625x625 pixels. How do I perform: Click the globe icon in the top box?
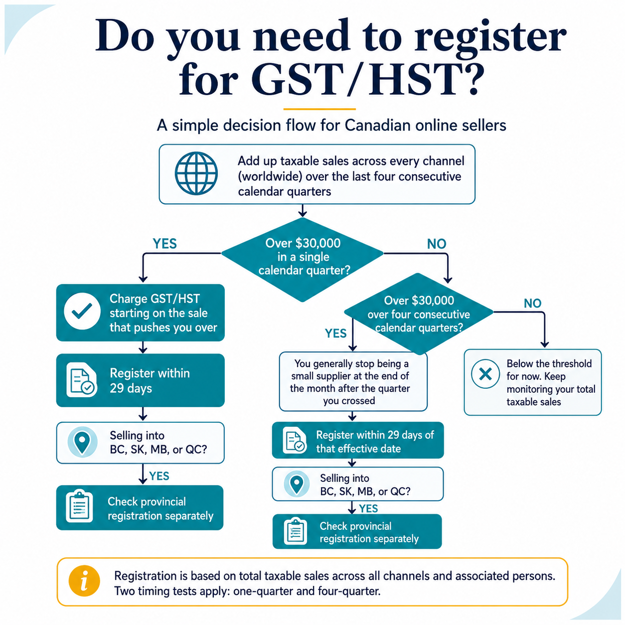coord(196,173)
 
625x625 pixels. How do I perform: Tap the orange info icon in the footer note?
coord(84,581)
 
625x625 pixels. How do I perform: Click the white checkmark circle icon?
coord(82,312)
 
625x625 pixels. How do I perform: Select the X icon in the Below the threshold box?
coord(485,374)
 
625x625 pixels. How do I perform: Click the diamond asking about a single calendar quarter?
coord(303,260)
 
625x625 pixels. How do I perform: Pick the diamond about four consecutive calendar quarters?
coord(419,313)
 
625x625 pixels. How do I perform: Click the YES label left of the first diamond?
coord(165,244)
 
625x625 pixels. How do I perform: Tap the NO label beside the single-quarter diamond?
coord(437,244)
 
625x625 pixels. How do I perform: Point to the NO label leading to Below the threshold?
coord(533,303)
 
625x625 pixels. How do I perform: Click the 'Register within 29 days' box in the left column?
coord(141,380)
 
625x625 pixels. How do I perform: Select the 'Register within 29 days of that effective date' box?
coord(358,440)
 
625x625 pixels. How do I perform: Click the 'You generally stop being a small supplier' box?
coord(353,382)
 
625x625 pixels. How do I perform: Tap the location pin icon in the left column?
coord(82,442)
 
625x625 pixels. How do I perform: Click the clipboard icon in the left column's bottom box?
coord(79,506)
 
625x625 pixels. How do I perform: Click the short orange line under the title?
coord(319,109)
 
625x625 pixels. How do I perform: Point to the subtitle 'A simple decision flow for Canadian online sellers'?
coord(331,125)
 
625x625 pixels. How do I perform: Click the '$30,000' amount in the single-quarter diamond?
coord(320,243)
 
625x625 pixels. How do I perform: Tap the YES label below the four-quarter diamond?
coord(336,333)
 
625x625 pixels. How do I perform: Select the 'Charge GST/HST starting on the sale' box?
coord(141,312)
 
